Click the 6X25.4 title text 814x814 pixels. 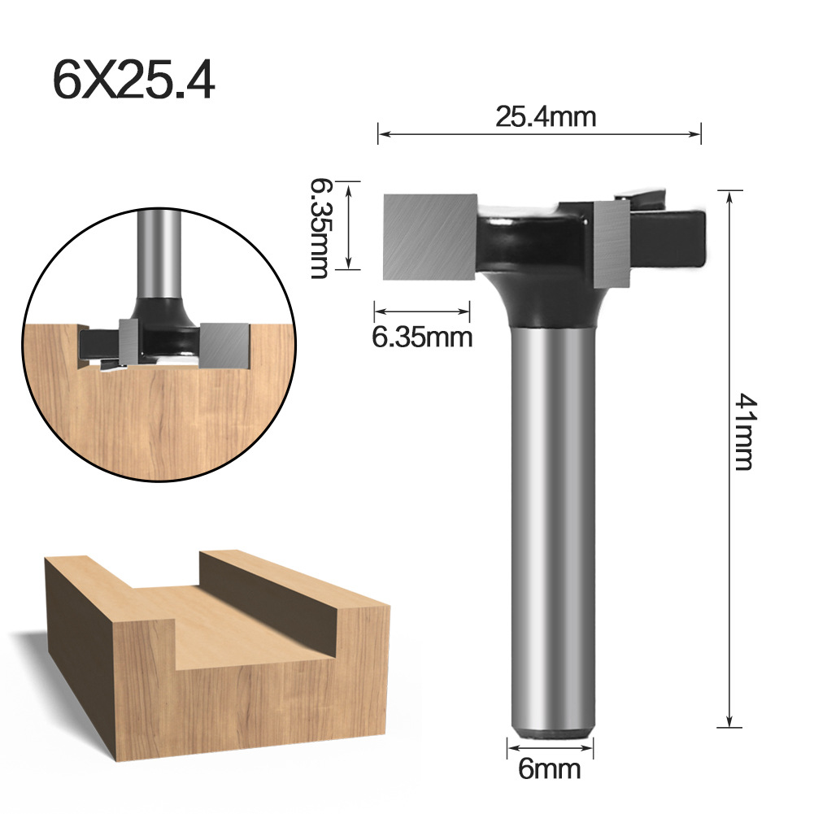[x=134, y=80]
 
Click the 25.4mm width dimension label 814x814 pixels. [x=546, y=117]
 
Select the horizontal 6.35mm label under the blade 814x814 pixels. [x=422, y=336]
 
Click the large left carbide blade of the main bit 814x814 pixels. [x=429, y=236]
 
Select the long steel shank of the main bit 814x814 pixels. [x=552, y=520]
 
